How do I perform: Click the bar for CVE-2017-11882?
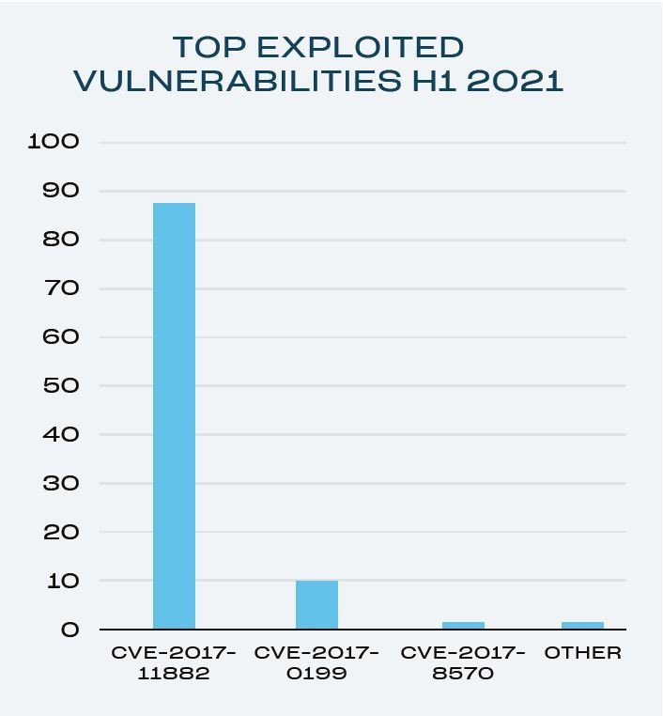(174, 415)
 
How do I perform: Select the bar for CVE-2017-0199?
(316, 605)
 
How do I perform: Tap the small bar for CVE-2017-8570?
(463, 625)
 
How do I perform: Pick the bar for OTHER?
(582, 625)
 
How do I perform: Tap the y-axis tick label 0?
(70, 630)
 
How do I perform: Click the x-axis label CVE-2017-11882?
(174, 662)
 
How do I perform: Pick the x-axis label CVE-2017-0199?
(316, 662)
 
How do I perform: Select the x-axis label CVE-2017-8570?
(463, 662)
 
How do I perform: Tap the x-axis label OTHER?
(582, 652)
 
